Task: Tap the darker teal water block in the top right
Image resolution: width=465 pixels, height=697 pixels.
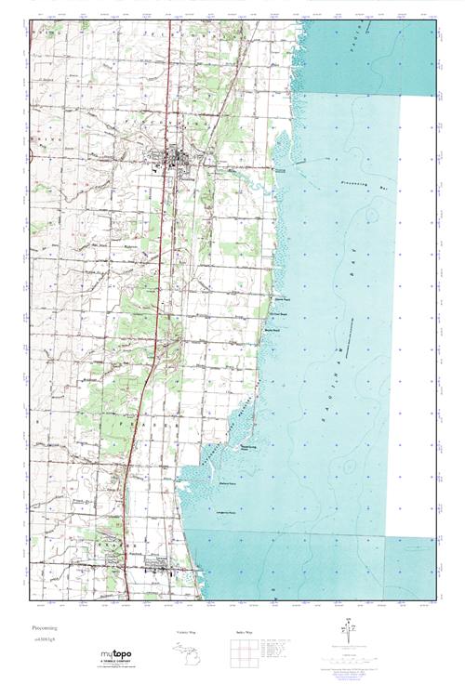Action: pyautogui.click(x=372, y=56)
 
